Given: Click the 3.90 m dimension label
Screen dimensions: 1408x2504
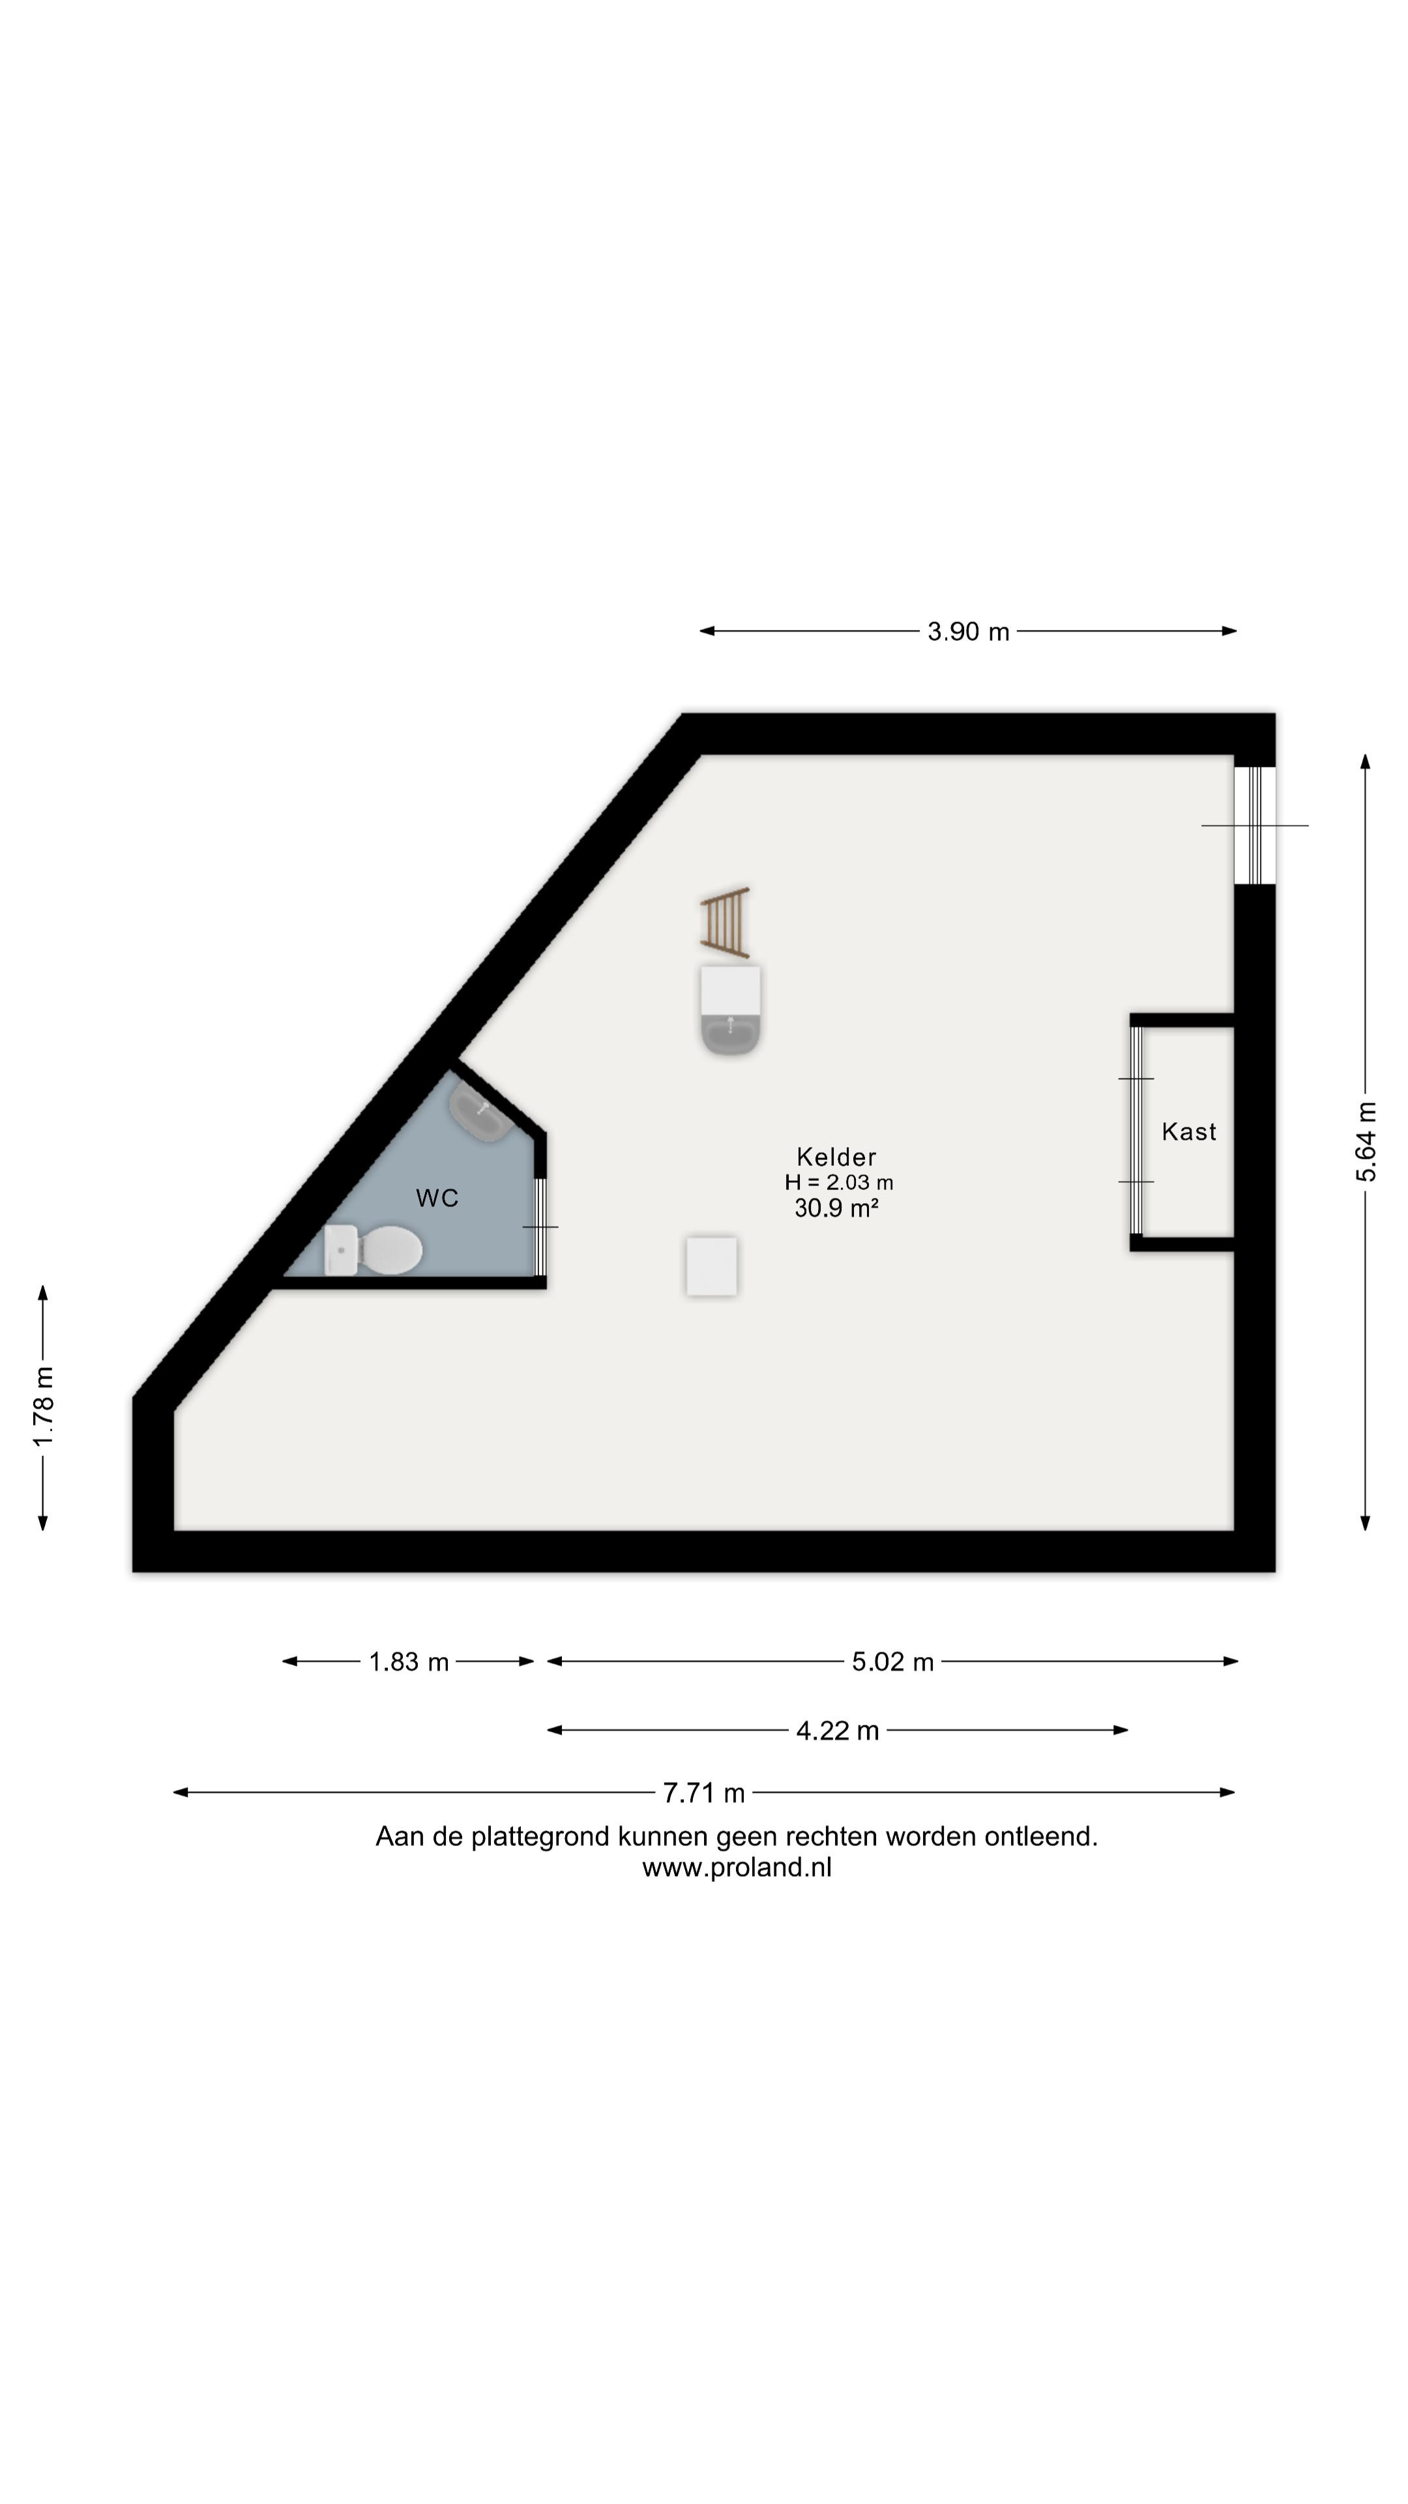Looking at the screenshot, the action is coord(968,632).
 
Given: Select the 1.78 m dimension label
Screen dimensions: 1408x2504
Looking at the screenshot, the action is coord(44,1407).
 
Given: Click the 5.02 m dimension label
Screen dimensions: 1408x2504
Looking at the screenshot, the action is coord(892,1662).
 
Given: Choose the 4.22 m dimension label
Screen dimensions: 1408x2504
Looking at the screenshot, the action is coord(838,1731).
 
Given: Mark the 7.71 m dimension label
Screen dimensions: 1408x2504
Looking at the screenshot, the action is coord(703,1793).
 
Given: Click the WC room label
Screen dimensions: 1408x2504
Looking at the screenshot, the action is coord(437,1199).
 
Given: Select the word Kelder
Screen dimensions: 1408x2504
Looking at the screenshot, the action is coord(836,1157).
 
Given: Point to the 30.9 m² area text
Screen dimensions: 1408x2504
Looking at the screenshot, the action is coord(836,1208).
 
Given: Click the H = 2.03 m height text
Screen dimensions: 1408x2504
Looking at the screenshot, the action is coord(838,1183).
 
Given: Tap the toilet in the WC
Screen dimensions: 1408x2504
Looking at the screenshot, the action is coord(373,1250).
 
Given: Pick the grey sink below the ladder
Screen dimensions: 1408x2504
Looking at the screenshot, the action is coord(731,1011).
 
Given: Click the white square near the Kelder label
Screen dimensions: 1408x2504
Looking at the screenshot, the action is coord(711,1266).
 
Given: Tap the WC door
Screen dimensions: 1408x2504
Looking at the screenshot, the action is coord(541,1227).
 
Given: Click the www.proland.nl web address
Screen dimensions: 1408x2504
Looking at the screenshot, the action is coord(737,1868).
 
